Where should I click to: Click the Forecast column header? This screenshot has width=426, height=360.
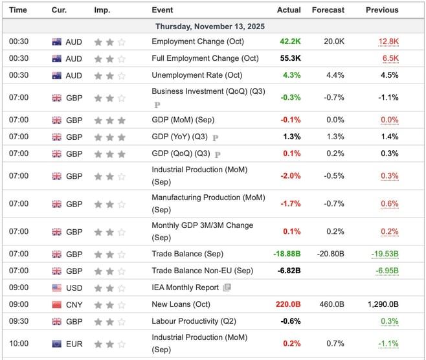[x=329, y=10]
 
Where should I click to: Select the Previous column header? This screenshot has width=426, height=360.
[x=382, y=10]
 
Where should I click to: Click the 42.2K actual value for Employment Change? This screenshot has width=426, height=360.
[x=290, y=41]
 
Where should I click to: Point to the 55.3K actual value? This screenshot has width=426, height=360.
[x=290, y=58]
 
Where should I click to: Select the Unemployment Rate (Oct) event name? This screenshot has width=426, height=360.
[x=197, y=75]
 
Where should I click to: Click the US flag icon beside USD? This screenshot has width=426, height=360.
[x=57, y=287]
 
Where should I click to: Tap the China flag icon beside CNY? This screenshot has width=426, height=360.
[x=57, y=304]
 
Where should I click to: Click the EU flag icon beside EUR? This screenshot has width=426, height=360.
[x=57, y=343]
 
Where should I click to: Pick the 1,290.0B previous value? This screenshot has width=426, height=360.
[x=382, y=304]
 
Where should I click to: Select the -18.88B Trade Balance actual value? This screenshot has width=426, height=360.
[x=285, y=254]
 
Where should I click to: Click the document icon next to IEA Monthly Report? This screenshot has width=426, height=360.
[x=227, y=287]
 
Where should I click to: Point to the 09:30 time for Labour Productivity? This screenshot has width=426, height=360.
[x=18, y=321]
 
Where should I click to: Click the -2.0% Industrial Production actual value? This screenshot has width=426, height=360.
[x=290, y=175]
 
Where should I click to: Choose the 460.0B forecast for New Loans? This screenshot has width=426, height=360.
[x=331, y=304]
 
